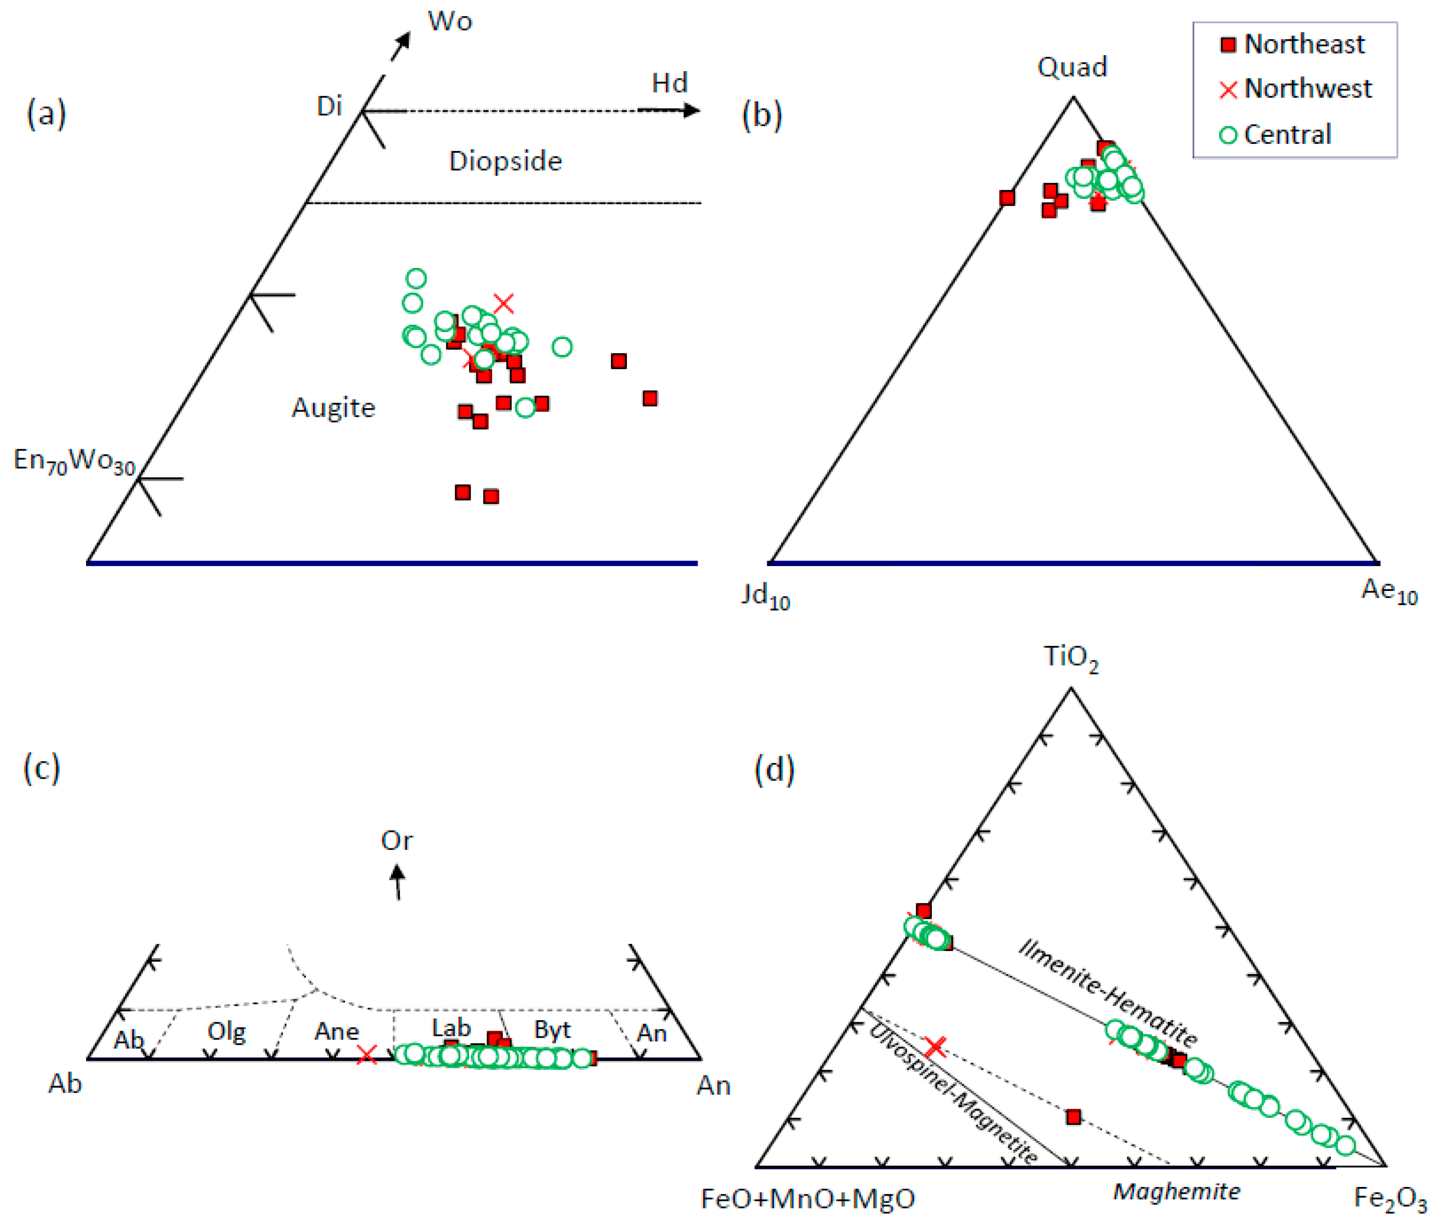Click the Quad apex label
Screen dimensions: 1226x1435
[x=1072, y=67]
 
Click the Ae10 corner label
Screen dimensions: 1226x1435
[x=1388, y=590]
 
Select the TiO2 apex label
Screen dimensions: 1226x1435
[x=1070, y=657]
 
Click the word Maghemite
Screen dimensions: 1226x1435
[x=1177, y=1191]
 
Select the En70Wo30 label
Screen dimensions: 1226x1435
[x=74, y=461]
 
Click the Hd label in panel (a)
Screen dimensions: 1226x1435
[x=669, y=83]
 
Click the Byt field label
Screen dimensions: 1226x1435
[x=552, y=1030]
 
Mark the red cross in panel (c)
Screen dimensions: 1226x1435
[x=367, y=1055]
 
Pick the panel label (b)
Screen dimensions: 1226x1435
[x=761, y=114]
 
